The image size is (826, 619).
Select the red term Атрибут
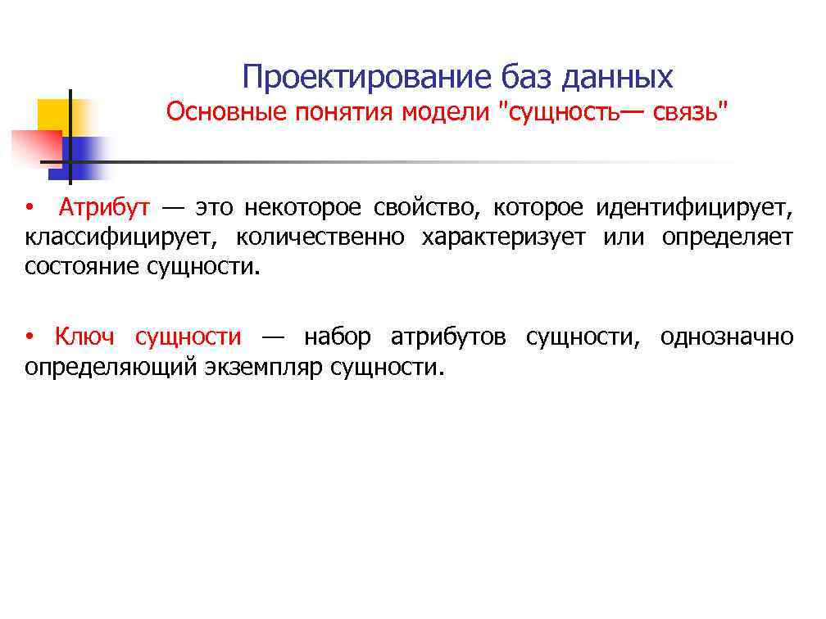(x=104, y=208)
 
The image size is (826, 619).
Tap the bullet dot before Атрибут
(x=29, y=209)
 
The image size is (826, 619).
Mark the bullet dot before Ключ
(x=29, y=337)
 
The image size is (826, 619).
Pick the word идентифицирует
(x=694, y=208)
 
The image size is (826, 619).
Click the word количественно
(x=320, y=237)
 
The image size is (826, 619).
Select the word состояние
(x=83, y=267)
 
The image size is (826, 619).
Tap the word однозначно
(x=726, y=337)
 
